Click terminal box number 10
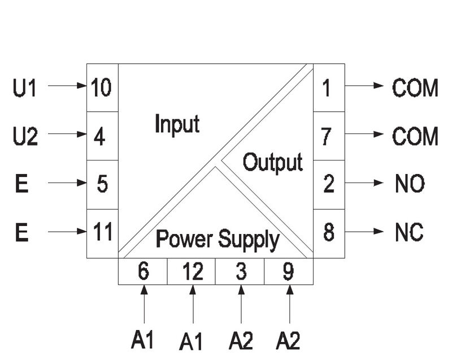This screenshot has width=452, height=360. pos(102,88)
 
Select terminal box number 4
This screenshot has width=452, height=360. pos(102,136)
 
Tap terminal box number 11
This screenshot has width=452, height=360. pos(102,233)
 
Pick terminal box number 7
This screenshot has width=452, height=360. pos(329,136)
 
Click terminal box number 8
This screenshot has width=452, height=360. pos(329,233)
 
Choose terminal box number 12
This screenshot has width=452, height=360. pos(192,272)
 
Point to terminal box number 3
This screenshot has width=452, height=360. pos(240,272)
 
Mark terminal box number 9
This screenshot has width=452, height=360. pos(289,272)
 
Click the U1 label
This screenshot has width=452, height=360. pos(24,88)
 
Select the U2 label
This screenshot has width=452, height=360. pos(25,137)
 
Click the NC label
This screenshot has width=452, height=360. pos(409,233)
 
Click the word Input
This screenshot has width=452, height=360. pos(177,124)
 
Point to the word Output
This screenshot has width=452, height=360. pos(272,163)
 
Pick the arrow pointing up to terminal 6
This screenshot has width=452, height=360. pos(144,305)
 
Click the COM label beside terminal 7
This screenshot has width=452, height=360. pos(415,136)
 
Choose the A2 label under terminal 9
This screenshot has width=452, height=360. pos(288,341)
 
